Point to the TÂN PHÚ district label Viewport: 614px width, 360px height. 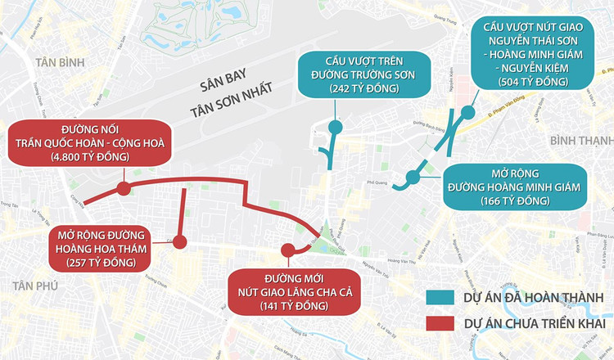(32, 283)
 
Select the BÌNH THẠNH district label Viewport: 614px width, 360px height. (582, 142)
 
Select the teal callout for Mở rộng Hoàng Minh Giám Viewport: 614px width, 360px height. (514, 187)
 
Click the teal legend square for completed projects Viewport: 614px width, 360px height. (440, 296)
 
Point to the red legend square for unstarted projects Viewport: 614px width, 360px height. (440, 323)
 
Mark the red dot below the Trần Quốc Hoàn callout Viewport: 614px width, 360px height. (124, 189)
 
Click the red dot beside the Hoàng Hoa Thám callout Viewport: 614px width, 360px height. (179, 242)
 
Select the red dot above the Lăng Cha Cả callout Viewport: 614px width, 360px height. (287, 250)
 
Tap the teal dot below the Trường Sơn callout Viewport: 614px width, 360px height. (335, 127)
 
